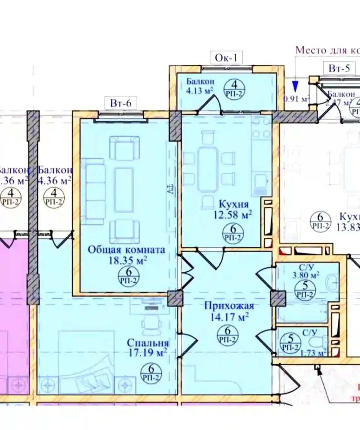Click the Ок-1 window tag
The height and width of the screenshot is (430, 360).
point(226,58)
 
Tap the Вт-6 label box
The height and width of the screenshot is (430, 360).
point(121,103)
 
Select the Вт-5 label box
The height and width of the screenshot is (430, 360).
point(339,68)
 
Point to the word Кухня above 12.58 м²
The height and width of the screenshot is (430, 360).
point(234,204)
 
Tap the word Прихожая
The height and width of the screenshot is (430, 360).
point(229,306)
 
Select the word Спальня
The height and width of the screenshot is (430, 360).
point(148,343)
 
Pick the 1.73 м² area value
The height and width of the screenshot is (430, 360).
point(313,353)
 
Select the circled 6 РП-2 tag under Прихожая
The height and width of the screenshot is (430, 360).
point(227,334)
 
